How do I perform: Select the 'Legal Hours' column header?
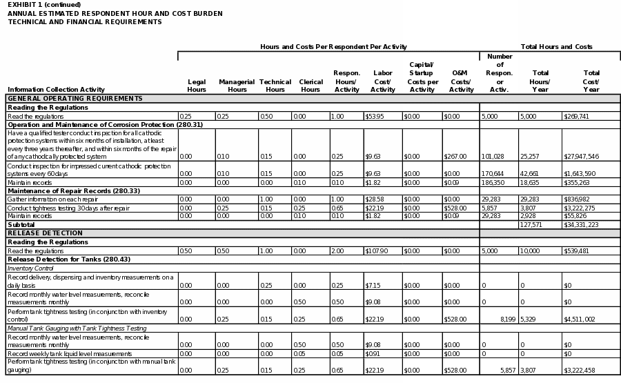tap(197, 86)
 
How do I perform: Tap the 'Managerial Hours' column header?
tap(237, 86)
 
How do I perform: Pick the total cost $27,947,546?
tap(581, 157)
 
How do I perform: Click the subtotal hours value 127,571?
tap(531, 225)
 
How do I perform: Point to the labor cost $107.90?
tap(378, 251)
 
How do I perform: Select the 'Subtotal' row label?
tap(21, 225)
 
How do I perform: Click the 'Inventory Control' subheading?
tap(30, 268)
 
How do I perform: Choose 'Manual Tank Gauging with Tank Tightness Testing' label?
tap(77, 328)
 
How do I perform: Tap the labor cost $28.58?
tap(377, 199)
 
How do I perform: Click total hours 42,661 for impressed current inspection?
tap(531, 174)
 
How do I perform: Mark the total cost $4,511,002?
tap(580, 320)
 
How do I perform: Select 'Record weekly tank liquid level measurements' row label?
tap(70, 354)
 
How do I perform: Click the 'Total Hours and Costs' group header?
tap(556, 47)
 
